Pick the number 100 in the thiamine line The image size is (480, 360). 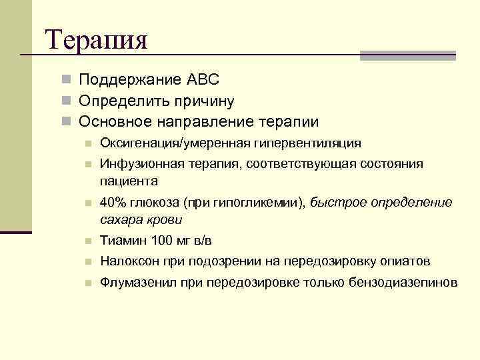point(161,241)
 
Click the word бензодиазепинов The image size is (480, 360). point(403,283)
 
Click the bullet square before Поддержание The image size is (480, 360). point(65,80)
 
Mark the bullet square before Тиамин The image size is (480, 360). point(87,241)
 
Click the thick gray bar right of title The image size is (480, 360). point(407,55)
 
